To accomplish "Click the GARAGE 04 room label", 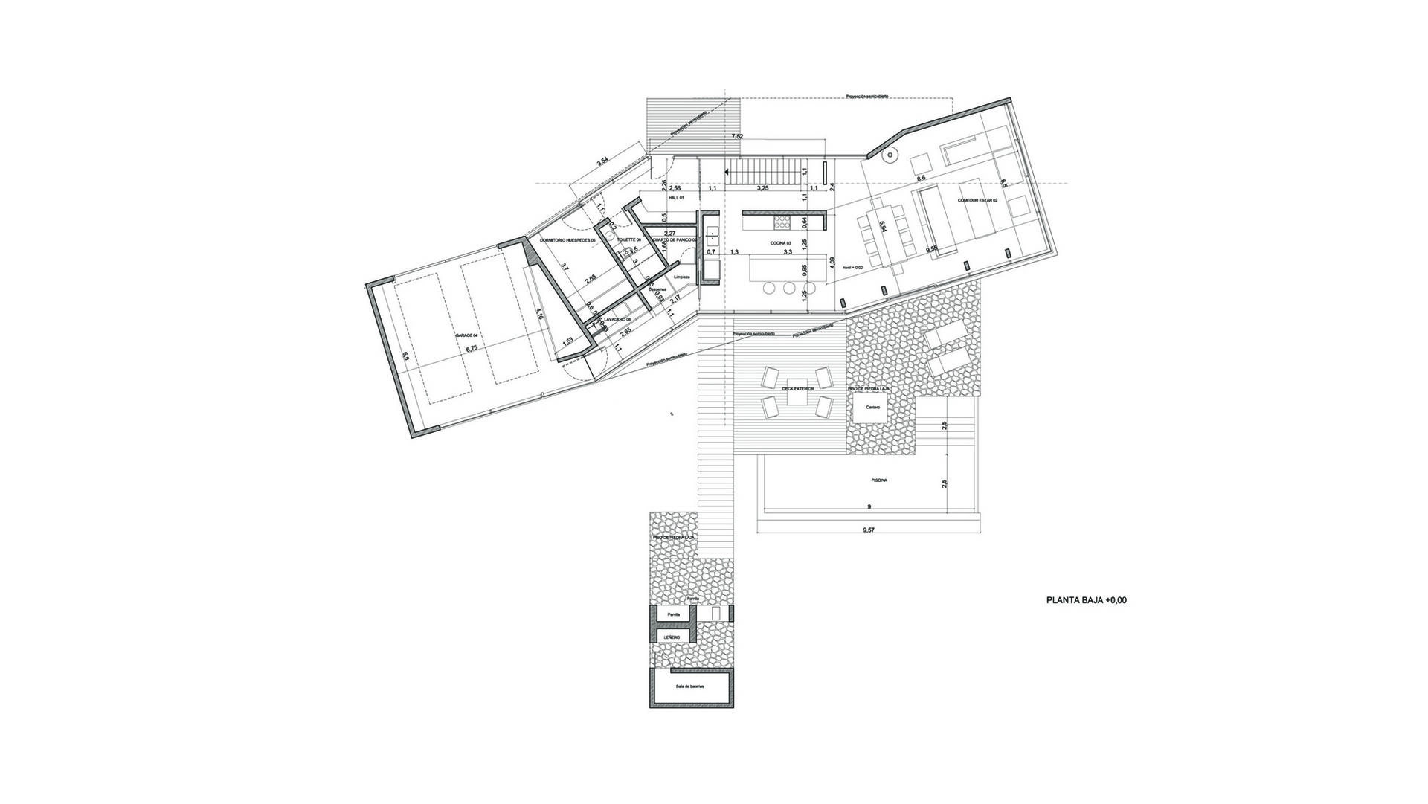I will (x=466, y=336).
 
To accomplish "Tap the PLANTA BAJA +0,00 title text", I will (x=1086, y=599).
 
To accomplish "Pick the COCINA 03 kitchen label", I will (x=779, y=243).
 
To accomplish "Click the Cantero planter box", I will (x=870, y=408).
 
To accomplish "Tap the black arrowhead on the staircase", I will (x=728, y=176).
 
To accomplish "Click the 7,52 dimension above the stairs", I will (x=737, y=137).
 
